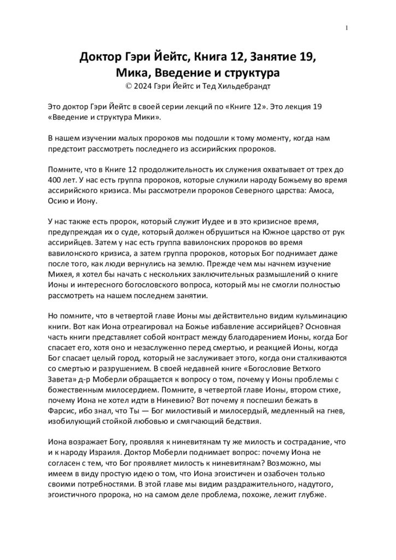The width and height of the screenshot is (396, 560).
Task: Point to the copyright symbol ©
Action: point(129,85)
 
